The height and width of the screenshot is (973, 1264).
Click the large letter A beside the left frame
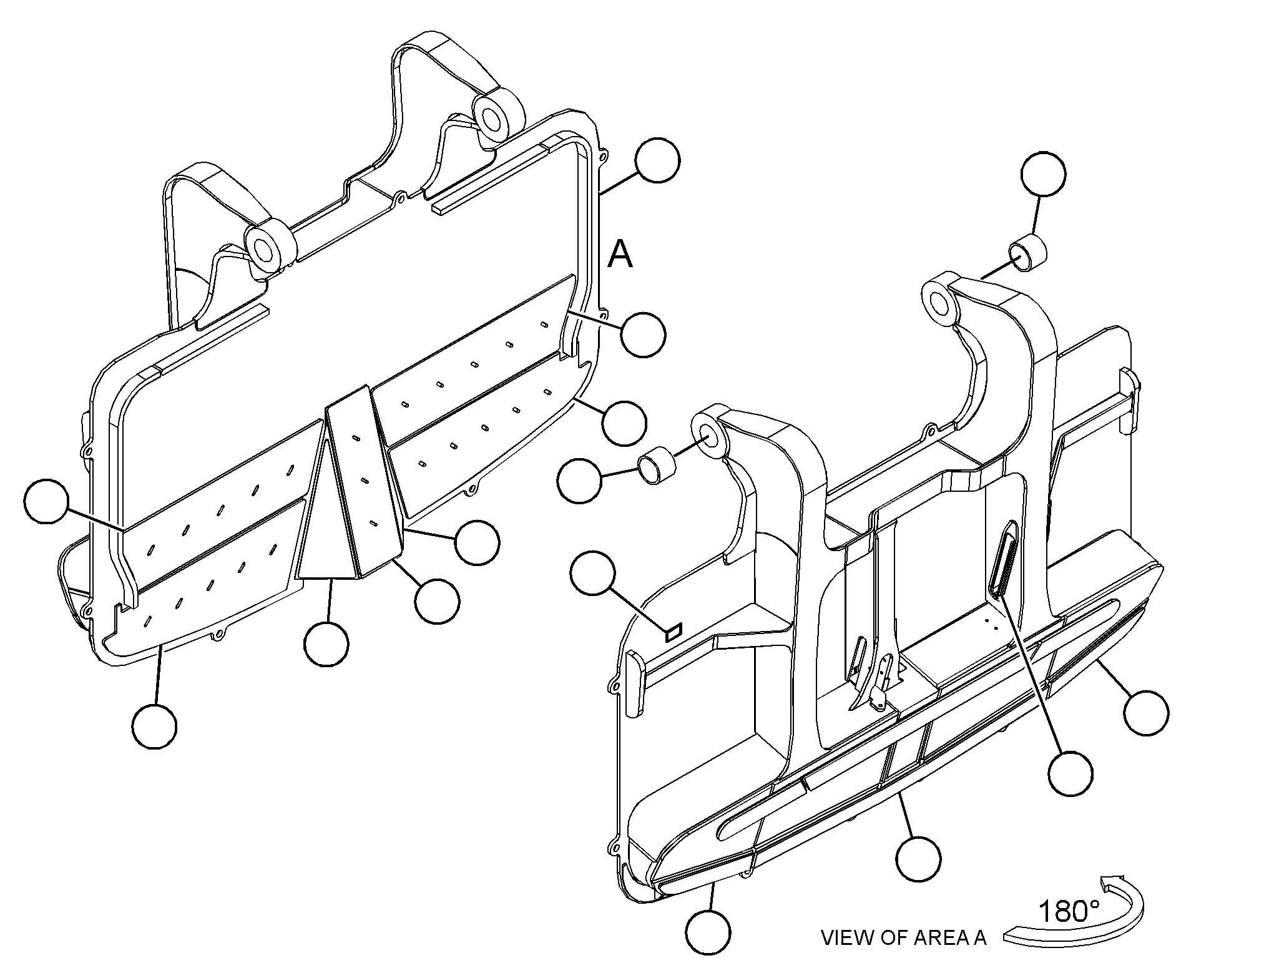coord(620,253)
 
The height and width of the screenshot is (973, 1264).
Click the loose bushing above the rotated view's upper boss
coord(1027,253)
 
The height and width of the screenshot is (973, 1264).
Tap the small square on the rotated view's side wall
coord(674,631)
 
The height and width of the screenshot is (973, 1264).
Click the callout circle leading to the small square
coord(594,572)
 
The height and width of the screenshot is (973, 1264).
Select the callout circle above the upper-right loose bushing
coord(1043,175)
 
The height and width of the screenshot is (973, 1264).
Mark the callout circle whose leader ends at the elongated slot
coord(1070,773)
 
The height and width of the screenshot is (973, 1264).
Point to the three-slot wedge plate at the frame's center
coord(364,481)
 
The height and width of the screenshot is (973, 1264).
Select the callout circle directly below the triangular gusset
coord(326,644)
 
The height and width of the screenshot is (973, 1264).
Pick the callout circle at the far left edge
coord(47,501)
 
